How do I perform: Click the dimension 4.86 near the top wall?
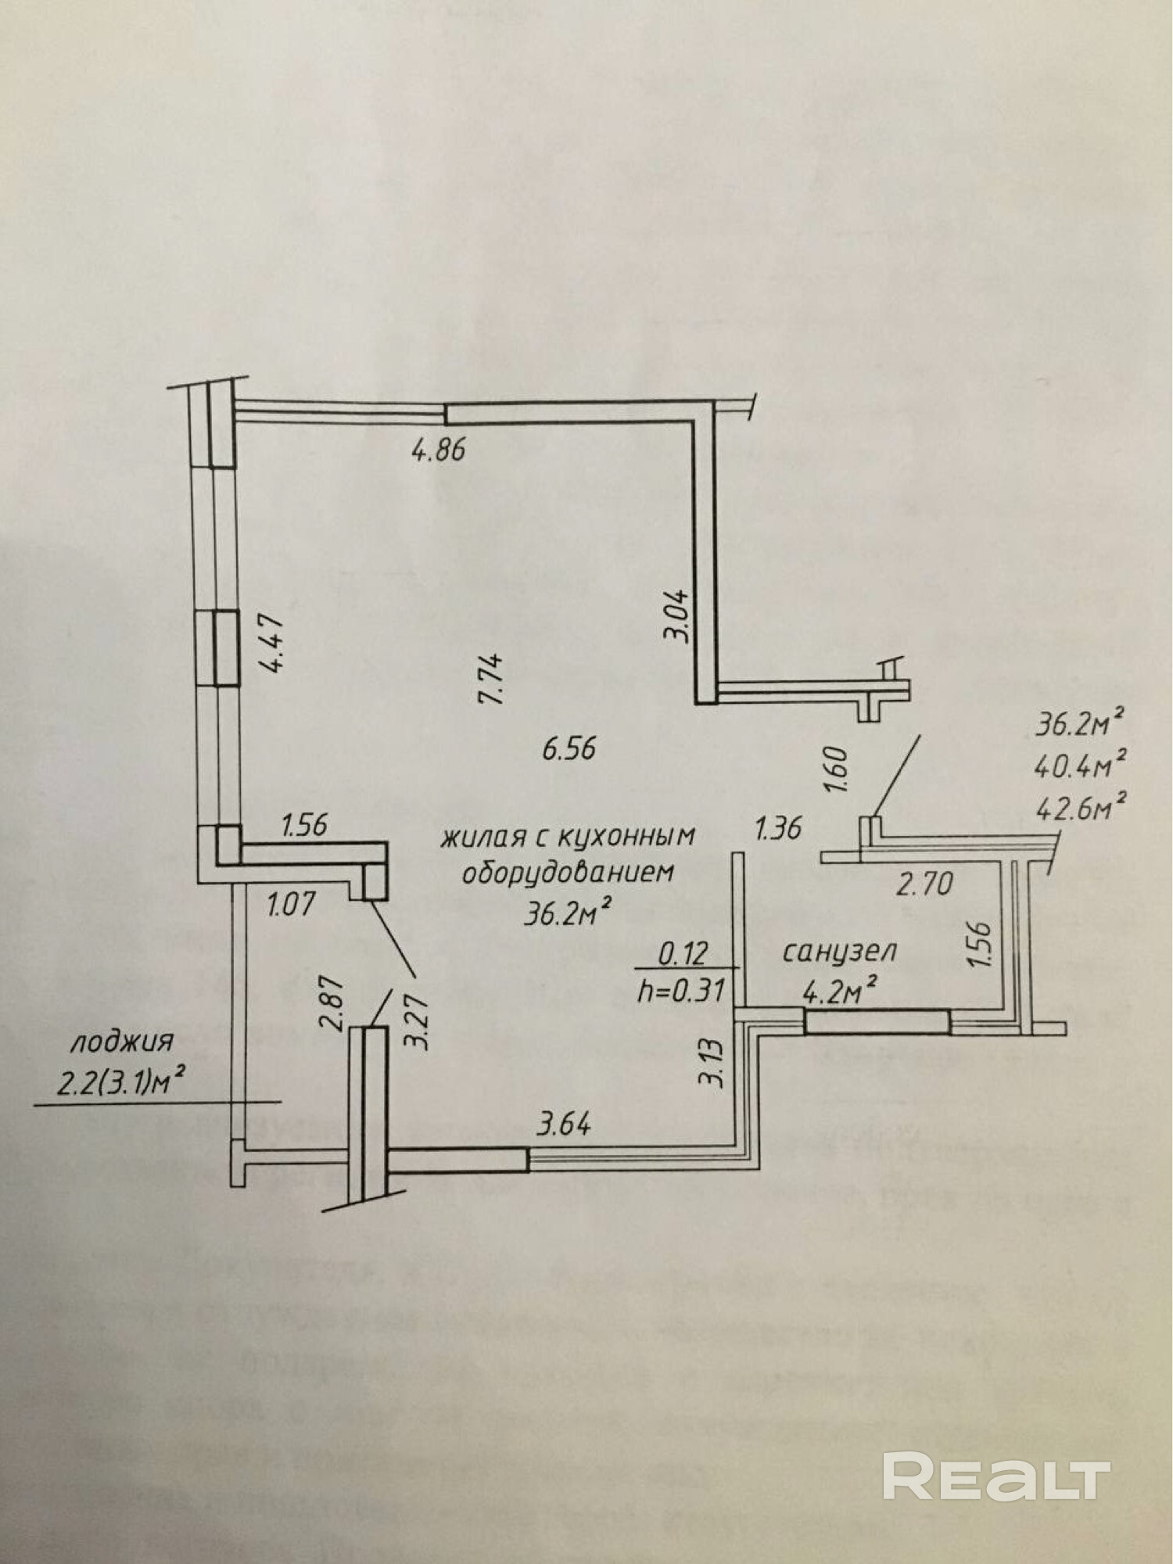[438, 450]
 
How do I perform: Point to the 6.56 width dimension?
[569, 748]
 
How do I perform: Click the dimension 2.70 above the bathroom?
[924, 884]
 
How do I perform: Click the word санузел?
[839, 952]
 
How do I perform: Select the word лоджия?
[120, 1042]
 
